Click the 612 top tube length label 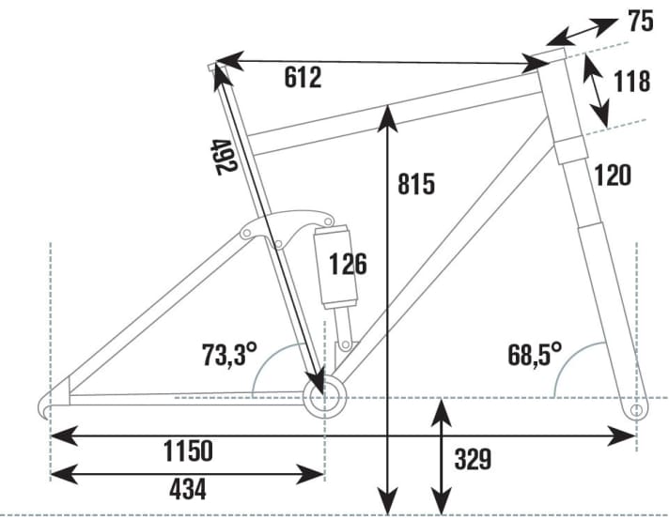point(303,78)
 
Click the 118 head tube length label point(630,82)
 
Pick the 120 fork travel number point(612,174)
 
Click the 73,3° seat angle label point(228,356)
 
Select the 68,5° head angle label point(534,355)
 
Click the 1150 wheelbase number point(187,450)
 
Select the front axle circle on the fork point(636,410)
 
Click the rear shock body point(335,267)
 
